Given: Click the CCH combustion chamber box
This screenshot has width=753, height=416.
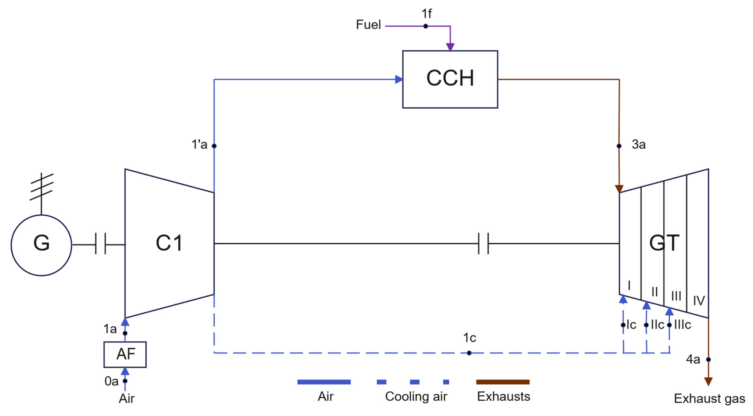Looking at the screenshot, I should pos(450,79).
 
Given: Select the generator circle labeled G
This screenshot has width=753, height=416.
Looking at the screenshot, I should pos(41,245).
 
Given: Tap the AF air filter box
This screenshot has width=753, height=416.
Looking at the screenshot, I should pos(125,354).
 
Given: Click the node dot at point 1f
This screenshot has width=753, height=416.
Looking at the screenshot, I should pos(426,26).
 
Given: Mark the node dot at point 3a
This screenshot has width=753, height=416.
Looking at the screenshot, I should pos(619,146).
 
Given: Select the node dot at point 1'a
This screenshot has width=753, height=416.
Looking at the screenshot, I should pos(214,146).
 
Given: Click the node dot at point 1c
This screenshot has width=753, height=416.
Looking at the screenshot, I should pos(469,353).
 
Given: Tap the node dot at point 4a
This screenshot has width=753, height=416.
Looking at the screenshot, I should pos(708,359).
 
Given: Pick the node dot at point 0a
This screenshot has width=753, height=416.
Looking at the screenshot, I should pos(125,381).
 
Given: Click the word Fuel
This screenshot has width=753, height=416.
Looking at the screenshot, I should pos(368,25).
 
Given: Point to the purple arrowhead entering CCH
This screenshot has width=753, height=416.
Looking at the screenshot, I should pos(450,47).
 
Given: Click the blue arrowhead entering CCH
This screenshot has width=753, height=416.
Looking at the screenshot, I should pos(399,79).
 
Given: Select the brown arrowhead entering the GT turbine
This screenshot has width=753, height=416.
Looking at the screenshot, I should pos(619,189).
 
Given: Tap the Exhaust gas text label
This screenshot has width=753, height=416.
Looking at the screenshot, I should pos(710,398).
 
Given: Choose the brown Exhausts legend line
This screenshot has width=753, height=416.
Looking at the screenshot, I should pos(503,382).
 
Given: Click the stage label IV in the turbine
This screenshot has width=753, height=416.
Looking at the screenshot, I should pos(699,300).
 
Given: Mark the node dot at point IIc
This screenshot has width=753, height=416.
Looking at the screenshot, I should pos(646,325).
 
